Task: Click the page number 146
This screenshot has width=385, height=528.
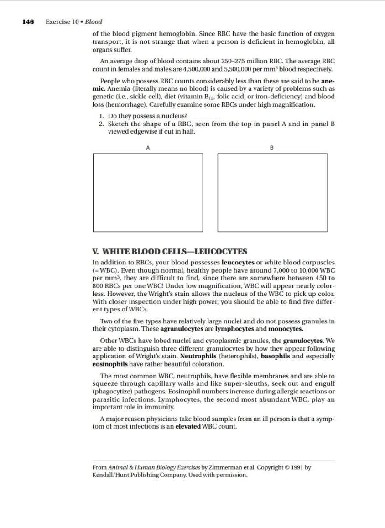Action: pyautogui.click(x=28, y=21)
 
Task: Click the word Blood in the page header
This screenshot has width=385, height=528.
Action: pyautogui.click(x=94, y=21)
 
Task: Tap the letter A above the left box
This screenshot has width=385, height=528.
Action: pyautogui.click(x=148, y=147)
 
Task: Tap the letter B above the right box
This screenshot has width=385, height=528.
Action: pyautogui.click(x=272, y=147)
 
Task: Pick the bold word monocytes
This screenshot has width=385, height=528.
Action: pyautogui.click(x=286, y=329)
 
